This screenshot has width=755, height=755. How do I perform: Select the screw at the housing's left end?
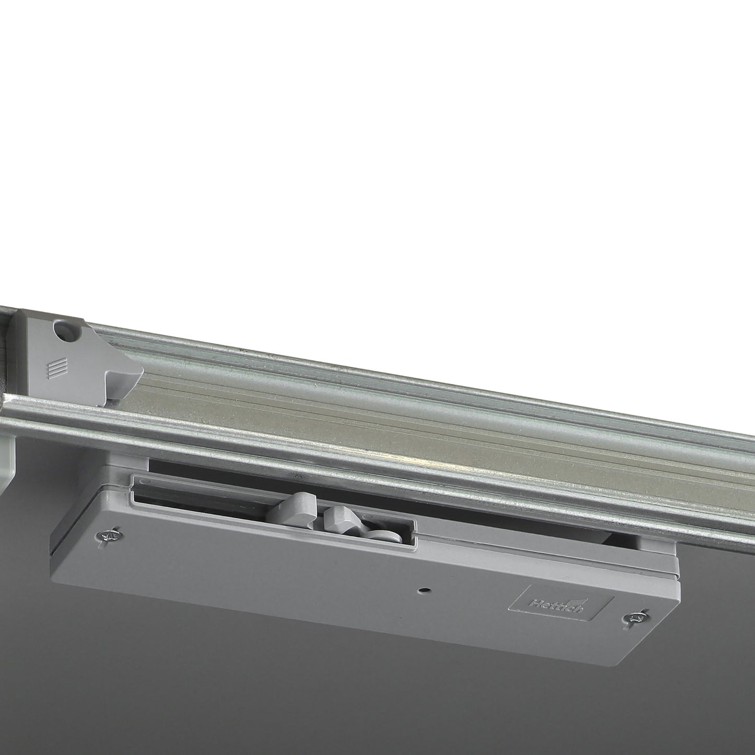[109, 535]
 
